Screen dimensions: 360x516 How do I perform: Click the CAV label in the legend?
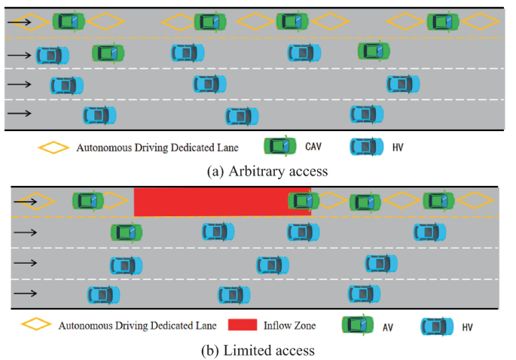315,146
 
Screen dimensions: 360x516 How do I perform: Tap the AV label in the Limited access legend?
388,327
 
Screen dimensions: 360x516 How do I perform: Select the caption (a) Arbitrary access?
267,171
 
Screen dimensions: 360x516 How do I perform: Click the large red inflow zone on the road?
211,202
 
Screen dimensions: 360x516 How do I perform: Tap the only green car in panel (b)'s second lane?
126,233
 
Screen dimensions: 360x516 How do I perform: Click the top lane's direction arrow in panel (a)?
20,22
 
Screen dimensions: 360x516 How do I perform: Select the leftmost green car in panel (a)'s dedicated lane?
69,22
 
